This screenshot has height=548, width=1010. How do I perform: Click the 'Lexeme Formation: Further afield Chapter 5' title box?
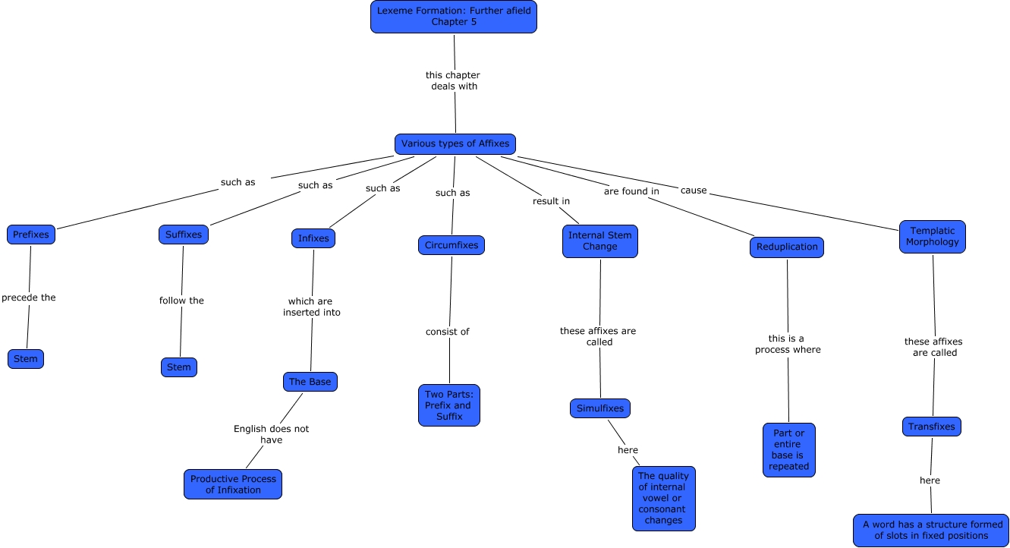pyautogui.click(x=454, y=17)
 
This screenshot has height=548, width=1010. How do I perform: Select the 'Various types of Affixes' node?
pyautogui.click(x=455, y=144)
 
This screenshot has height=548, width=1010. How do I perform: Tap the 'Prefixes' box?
pyautogui.click(x=31, y=235)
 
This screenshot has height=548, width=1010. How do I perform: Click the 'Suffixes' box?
pyautogui.click(x=184, y=235)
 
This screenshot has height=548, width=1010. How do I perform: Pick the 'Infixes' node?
pyautogui.click(x=313, y=238)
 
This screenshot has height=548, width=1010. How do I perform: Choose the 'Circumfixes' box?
pyautogui.click(x=452, y=245)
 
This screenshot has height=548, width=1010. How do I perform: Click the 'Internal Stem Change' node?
pyautogui.click(x=600, y=241)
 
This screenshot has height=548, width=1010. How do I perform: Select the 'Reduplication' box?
pyautogui.click(x=787, y=247)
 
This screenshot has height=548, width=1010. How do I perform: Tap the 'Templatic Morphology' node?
pyautogui.click(x=933, y=237)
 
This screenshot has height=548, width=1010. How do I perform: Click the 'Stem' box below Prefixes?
pyautogui.click(x=26, y=359)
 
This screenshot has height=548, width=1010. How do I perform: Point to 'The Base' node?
pyautogui.click(x=310, y=382)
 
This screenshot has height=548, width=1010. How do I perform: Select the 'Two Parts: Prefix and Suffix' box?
pyautogui.click(x=449, y=405)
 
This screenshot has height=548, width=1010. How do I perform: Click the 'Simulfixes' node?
pyautogui.click(x=600, y=408)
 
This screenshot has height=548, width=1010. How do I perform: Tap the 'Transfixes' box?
pyautogui.click(x=932, y=427)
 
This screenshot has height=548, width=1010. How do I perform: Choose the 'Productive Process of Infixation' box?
pyautogui.click(x=233, y=484)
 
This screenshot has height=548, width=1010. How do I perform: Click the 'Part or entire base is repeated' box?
pyautogui.click(x=789, y=450)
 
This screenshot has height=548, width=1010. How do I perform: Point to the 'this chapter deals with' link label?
pyautogui.click(x=453, y=80)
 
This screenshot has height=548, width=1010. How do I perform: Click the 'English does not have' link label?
pyautogui.click(x=271, y=434)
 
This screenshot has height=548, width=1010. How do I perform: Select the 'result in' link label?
pyautogui.click(x=551, y=201)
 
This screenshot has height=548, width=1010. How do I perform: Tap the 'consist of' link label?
pyautogui.click(x=448, y=332)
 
